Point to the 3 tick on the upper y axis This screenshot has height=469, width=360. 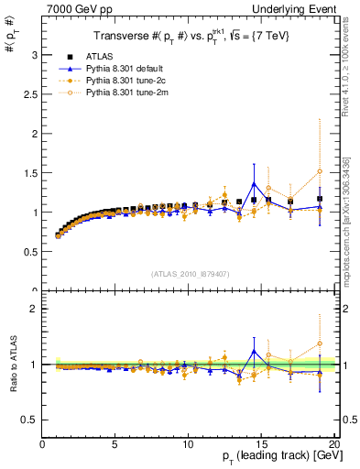tap(34, 55)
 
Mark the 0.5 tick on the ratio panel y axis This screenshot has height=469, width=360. tap(30, 420)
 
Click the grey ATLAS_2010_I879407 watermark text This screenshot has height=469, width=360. tap(190, 273)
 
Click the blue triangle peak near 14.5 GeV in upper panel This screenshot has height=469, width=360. tap(254, 184)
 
